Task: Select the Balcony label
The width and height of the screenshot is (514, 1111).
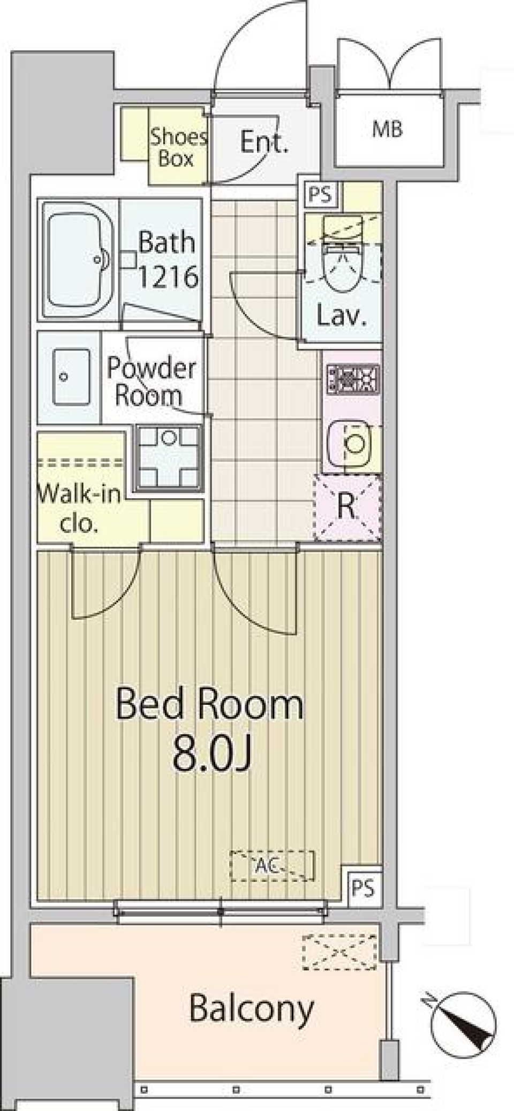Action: [251, 1008]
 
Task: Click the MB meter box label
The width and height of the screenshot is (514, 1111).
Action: [388, 129]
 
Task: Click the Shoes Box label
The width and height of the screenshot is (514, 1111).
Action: [177, 148]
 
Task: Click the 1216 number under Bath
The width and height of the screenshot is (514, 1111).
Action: [168, 276]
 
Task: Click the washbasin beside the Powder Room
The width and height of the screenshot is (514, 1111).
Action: [71, 376]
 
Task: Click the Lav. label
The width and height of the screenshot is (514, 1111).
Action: [341, 317]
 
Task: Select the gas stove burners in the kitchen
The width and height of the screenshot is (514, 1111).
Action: [353, 379]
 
